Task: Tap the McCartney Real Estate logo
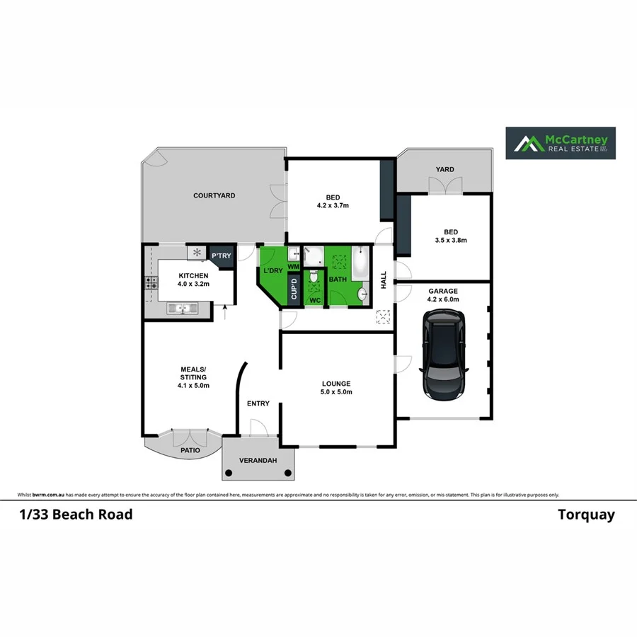(x=560, y=144)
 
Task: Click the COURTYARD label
(x=214, y=195)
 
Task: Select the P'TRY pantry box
(x=221, y=256)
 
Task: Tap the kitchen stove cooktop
(x=151, y=282)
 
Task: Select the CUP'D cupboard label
(x=294, y=290)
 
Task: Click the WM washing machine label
(x=293, y=266)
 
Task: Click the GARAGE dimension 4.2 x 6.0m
(x=443, y=299)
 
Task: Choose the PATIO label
(x=190, y=450)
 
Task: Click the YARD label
(x=444, y=169)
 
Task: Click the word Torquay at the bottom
(x=586, y=515)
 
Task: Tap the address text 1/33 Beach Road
(x=76, y=515)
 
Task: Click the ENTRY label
(x=258, y=403)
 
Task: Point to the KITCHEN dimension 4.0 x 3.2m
(x=193, y=285)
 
